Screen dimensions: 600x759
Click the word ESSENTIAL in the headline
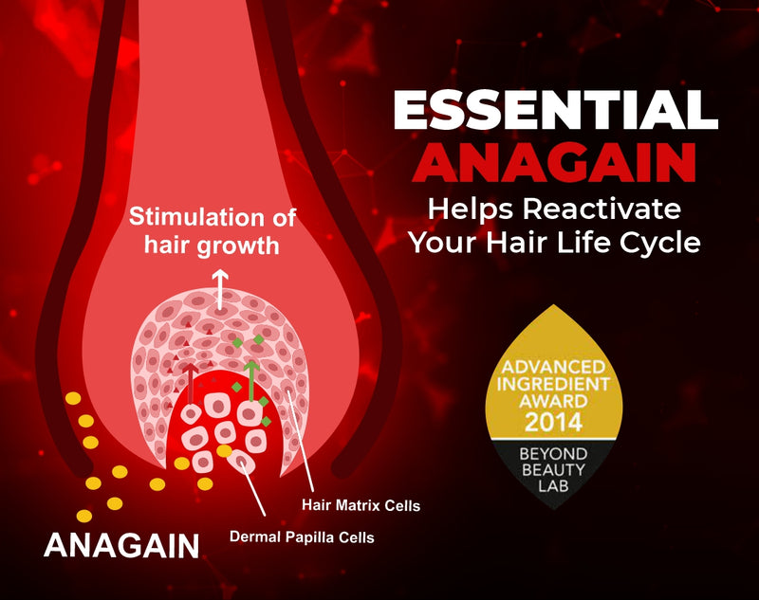(555, 114)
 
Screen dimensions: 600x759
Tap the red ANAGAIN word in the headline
(555, 162)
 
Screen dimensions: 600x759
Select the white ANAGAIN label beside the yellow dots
(121, 545)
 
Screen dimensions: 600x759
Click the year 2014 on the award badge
(557, 421)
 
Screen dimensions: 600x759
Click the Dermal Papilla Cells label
(302, 537)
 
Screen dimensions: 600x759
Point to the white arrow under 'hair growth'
(221, 287)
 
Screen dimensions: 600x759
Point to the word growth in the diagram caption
(242, 246)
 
